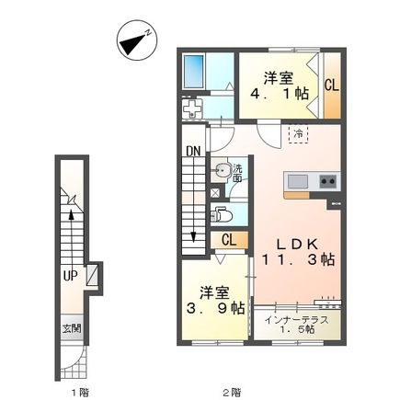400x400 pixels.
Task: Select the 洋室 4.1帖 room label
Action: click(x=280, y=86)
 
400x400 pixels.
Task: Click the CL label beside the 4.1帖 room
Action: click(x=332, y=86)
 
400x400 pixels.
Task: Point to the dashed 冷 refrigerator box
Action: click(x=298, y=133)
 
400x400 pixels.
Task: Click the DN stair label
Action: click(x=193, y=151)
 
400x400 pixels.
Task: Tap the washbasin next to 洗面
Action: click(x=223, y=169)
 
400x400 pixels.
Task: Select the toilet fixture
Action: click(x=222, y=214)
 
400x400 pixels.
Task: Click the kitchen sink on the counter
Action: click(x=298, y=181)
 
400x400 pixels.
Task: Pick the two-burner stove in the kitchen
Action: click(x=328, y=181)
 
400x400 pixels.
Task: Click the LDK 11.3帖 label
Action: click(x=298, y=252)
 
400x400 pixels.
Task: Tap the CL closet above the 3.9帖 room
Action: click(x=229, y=240)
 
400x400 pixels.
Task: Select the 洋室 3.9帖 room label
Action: click(x=215, y=301)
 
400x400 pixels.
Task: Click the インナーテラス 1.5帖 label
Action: click(x=297, y=325)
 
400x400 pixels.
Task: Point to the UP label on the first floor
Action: click(x=70, y=276)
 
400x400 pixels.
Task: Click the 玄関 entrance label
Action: click(x=72, y=328)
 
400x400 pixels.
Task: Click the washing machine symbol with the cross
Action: click(x=192, y=108)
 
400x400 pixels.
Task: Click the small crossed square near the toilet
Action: click(x=215, y=192)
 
